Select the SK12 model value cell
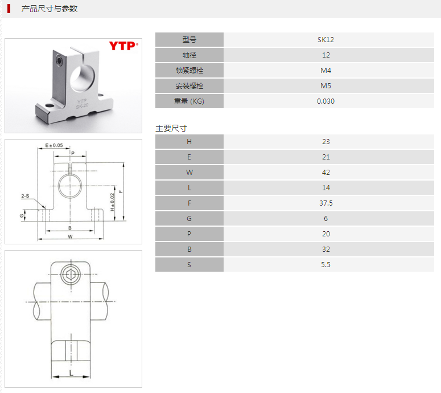pyautogui.click(x=325, y=40)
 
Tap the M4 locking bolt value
pyautogui.click(x=325, y=71)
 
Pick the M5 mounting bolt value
pyautogui.click(x=325, y=86)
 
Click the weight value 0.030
pyautogui.click(x=325, y=101)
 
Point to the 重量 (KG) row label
pyautogui.click(x=189, y=101)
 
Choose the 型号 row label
pyautogui.click(x=189, y=40)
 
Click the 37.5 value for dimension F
pyautogui.click(x=325, y=203)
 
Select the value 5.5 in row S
pyautogui.click(x=325, y=265)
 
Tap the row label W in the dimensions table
pyautogui.click(x=189, y=173)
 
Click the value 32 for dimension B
pyautogui.click(x=325, y=249)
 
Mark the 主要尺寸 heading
pyautogui.click(x=171, y=128)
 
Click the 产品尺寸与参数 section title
pyautogui.click(x=50, y=9)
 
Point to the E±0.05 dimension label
pyautogui.click(x=54, y=146)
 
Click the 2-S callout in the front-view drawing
pyautogui.click(x=26, y=196)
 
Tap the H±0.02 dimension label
pyautogui.click(x=113, y=202)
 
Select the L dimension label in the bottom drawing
pyautogui.click(x=71, y=372)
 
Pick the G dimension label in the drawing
pyautogui.click(x=21, y=215)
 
